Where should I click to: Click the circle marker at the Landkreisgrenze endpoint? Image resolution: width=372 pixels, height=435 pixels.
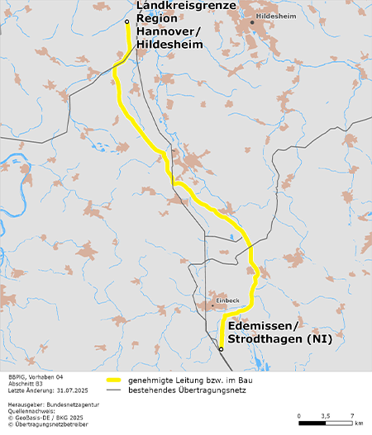point(126,22)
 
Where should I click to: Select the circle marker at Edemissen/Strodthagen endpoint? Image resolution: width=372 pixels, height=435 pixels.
point(221,350)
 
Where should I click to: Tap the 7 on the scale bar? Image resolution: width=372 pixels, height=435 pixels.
point(352,415)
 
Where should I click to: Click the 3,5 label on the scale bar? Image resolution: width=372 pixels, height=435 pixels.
point(325,415)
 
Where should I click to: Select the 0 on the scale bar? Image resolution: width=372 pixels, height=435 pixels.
point(298,415)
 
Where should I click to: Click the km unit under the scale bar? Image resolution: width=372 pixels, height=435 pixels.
point(358,423)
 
